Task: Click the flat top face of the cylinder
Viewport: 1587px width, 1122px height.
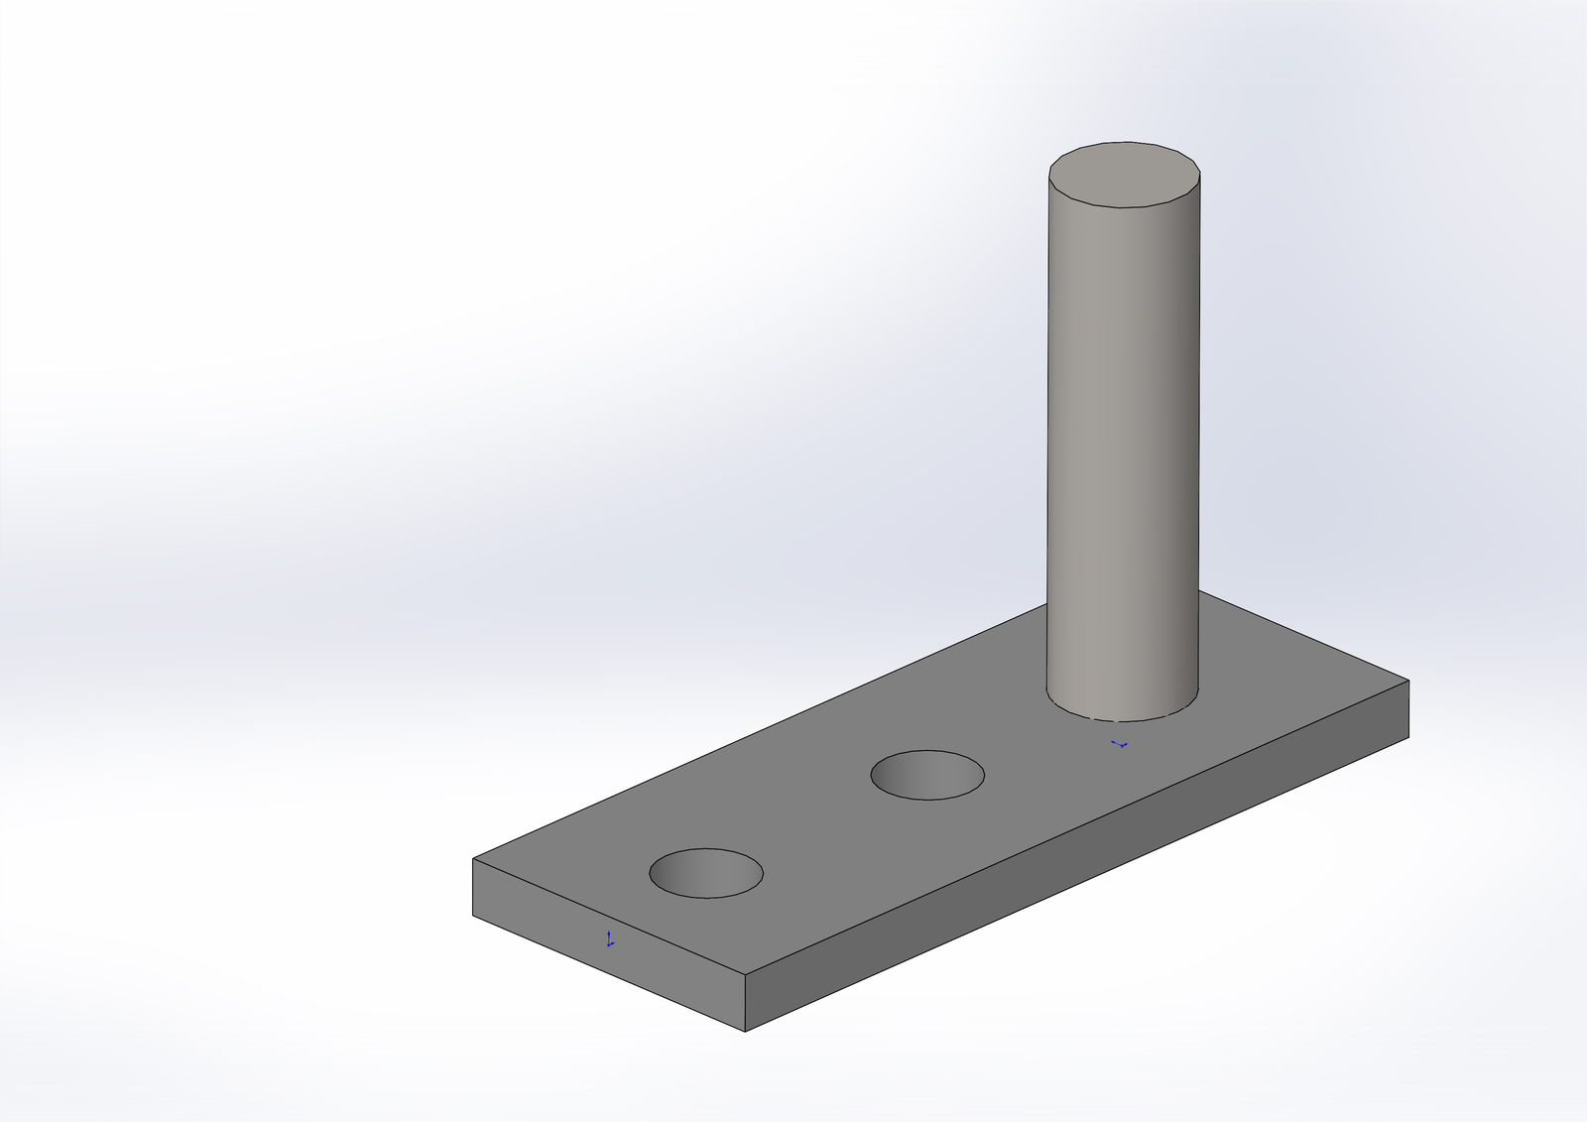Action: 1125,175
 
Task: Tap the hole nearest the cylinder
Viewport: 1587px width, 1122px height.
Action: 927,775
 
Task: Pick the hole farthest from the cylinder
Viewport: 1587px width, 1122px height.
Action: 706,873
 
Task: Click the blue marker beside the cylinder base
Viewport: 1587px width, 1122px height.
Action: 1120,744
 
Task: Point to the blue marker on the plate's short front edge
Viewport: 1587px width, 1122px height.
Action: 609,939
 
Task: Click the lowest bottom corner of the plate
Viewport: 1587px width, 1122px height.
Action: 745,1032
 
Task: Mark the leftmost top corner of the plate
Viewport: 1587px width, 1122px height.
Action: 473,859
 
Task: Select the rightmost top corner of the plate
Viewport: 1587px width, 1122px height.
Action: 1408,681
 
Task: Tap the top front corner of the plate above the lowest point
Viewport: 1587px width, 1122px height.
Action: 745,974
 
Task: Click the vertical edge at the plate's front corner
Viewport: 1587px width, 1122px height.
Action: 745,1003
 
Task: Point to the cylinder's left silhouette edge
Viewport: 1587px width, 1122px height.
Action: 1048,446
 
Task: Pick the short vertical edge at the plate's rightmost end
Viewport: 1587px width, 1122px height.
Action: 1408,709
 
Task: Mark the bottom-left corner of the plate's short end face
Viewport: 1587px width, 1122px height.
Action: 473,915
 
